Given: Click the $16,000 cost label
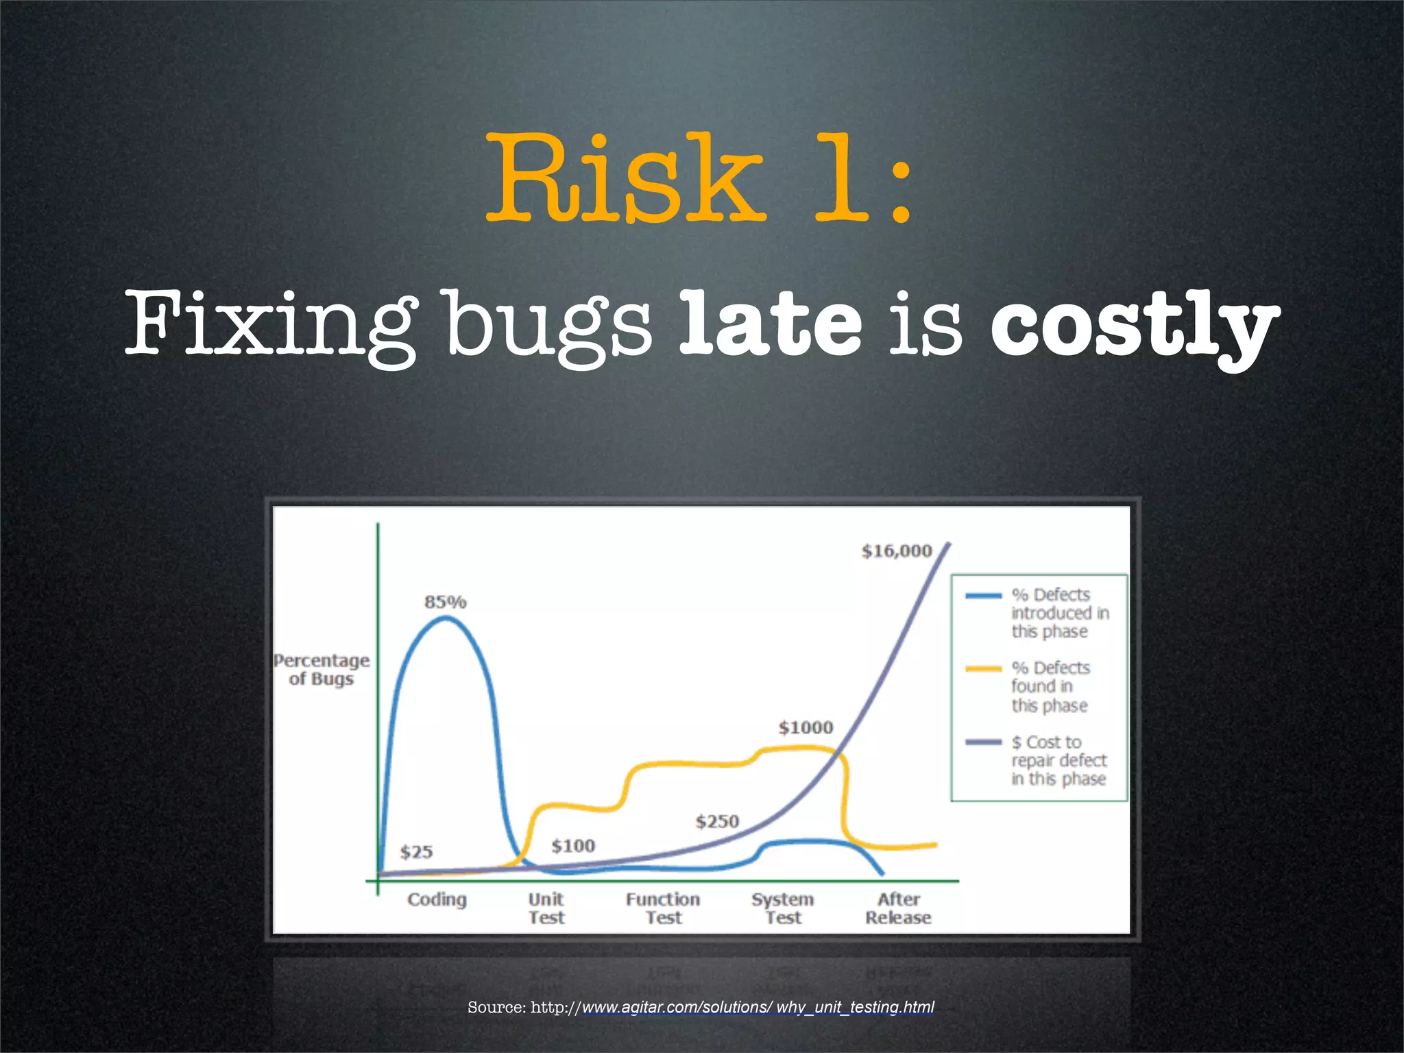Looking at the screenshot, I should coord(896,551).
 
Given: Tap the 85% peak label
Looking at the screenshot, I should coord(445,602).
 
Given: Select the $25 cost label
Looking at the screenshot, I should coord(416,852).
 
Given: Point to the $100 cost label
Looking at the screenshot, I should coord(573,846).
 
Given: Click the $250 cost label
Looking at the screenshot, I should coord(717,821).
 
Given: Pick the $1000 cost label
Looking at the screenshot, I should coord(806,727).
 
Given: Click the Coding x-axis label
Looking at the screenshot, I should coord(437,899).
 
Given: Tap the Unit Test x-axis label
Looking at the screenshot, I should coord(546,908).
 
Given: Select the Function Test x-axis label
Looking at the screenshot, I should coord(663,908).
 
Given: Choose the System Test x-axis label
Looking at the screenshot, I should coord(783,908).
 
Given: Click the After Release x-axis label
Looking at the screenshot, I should coord(898,908).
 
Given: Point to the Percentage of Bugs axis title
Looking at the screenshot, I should coord(322,670).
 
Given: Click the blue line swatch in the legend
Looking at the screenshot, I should coord(983,596).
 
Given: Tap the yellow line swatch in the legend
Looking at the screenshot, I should coord(983,668).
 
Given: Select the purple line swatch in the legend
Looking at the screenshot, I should coord(983,742).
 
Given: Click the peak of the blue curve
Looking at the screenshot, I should coord(446,618).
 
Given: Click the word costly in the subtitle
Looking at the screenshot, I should coord(1135,322).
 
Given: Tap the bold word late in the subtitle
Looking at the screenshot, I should coord(770,322).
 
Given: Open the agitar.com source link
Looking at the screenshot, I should coord(758,1007).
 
